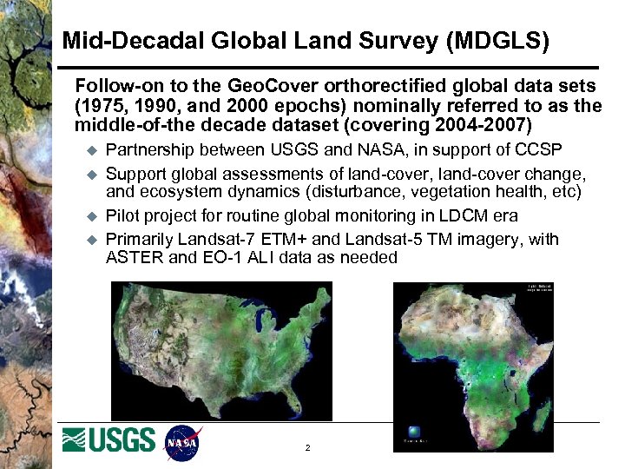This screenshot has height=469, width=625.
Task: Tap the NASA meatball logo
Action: [x=182, y=442]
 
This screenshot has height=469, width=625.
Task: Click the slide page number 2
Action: [x=308, y=448]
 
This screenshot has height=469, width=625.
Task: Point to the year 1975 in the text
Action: [x=99, y=106]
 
